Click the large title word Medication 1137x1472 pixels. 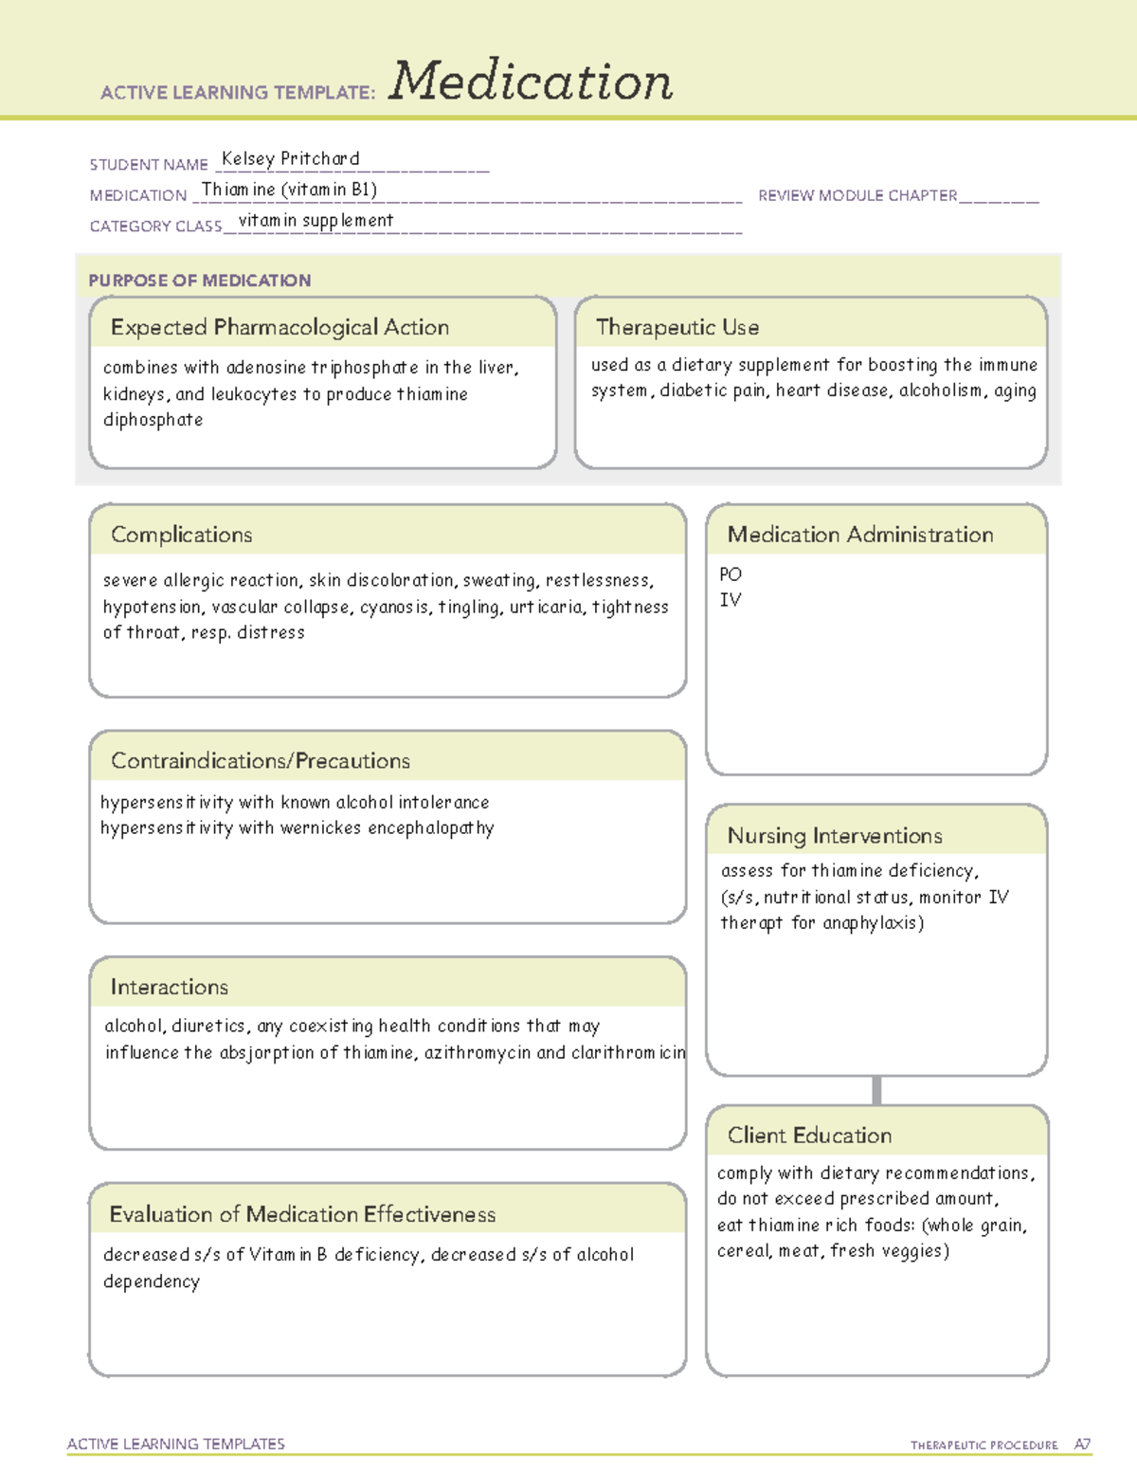tap(531, 82)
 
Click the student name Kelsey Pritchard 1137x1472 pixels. tap(290, 159)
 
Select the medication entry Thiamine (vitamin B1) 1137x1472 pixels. tap(289, 190)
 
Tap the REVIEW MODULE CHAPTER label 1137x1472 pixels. tap(857, 195)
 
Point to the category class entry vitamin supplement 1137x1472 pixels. tap(316, 221)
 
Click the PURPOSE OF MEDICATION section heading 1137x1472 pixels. tap(199, 281)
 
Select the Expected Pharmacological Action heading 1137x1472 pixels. tap(280, 327)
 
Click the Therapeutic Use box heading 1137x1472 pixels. tap(677, 327)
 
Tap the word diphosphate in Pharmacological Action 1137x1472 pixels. tap(153, 420)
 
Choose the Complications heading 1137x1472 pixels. tap(182, 535)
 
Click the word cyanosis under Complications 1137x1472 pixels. tap(395, 607)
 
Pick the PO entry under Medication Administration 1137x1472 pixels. tap(731, 574)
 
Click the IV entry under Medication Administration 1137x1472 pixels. tap(731, 600)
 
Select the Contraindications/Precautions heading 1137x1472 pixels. tap(261, 761)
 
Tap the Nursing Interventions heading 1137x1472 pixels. tap(835, 836)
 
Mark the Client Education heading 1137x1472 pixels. tap(809, 1136)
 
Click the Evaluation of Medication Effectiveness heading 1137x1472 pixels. tap(302, 1215)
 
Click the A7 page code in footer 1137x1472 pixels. tap(1082, 1445)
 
